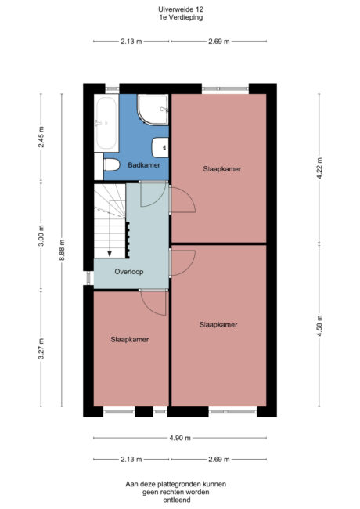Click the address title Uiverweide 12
(179, 9)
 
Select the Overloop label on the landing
(127, 273)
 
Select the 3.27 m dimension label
(41, 347)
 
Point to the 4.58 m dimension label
(319, 324)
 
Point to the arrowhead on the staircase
(110, 252)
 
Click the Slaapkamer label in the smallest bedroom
(129, 339)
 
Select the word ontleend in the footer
(179, 500)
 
